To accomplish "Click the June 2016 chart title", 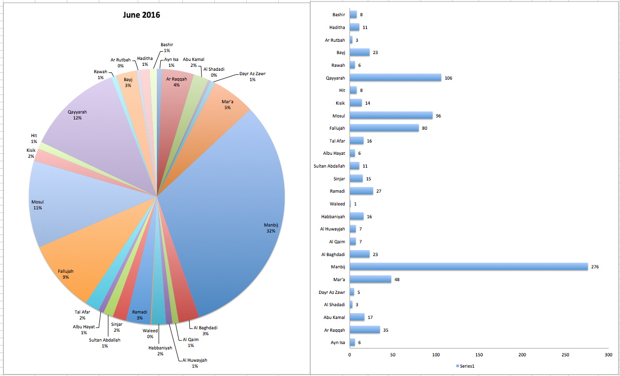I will tap(141, 15).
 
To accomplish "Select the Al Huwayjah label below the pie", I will tap(194, 363).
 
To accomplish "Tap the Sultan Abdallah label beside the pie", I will tap(105, 343).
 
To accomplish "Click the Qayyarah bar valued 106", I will tap(395, 78).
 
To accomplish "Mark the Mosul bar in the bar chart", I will tap(391, 116).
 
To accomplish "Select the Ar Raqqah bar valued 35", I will tap(364, 330).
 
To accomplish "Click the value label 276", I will tap(594, 267).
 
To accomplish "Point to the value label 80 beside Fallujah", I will tap(425, 129).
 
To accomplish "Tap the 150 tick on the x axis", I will tap(479, 354).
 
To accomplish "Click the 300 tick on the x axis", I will tap(608, 354).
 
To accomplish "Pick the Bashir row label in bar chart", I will tap(338, 15).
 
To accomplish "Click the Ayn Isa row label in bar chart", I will tap(338, 343).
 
